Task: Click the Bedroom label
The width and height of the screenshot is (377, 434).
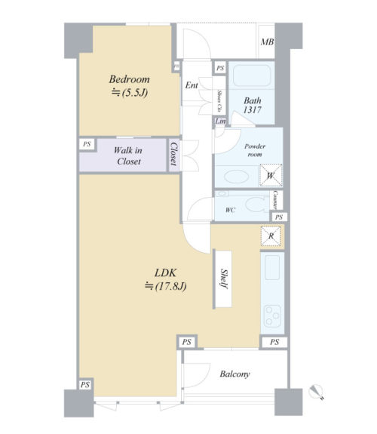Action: point(129,79)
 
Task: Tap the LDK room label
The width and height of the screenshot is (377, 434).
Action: point(165,273)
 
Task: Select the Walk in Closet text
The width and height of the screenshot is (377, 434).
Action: point(128,155)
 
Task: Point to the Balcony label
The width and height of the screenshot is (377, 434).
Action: point(234,374)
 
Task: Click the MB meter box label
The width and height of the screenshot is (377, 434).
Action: point(267,42)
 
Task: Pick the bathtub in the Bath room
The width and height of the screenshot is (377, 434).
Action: point(252,75)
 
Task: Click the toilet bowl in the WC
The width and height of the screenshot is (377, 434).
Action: point(256,205)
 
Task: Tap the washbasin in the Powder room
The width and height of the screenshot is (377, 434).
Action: point(237,177)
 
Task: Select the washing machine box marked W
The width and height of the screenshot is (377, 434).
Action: point(271,175)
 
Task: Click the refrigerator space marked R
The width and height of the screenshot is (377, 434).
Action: point(271,236)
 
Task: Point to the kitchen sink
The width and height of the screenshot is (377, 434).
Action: point(272,267)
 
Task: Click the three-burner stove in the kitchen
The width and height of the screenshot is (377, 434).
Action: point(272,315)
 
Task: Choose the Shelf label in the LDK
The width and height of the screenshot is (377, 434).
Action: point(224,279)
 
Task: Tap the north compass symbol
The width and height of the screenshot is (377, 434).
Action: point(317,392)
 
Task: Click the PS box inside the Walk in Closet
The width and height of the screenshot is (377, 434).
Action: point(87,144)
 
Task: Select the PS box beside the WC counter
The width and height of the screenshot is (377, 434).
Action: point(279,217)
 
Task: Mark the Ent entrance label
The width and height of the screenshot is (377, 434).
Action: point(192,85)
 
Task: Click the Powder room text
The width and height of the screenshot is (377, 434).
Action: point(255,150)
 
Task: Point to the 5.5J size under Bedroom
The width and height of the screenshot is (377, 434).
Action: point(130,93)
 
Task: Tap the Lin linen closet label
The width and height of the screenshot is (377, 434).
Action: point(220,122)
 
